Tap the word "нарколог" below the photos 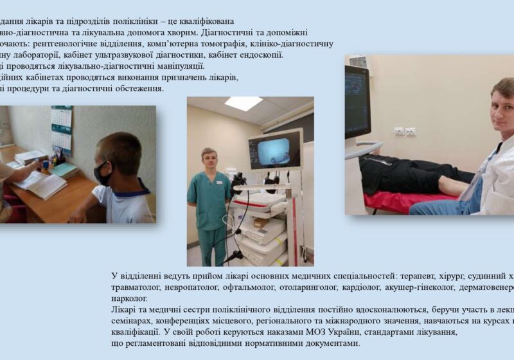click(x=128, y=298)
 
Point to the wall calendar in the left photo click(x=62, y=129)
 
